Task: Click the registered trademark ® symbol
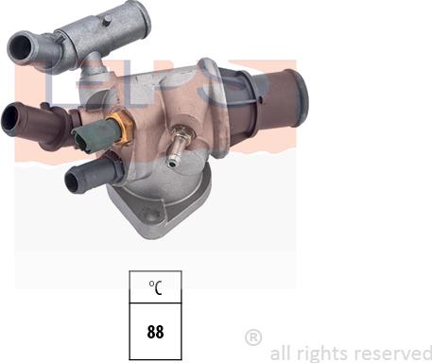(x=252, y=337)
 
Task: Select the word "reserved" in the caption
(x=389, y=353)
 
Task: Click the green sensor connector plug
(x=86, y=139)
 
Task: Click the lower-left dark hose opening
(x=77, y=178)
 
